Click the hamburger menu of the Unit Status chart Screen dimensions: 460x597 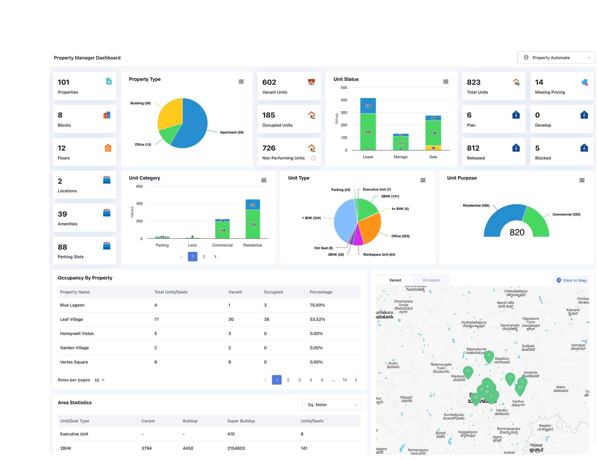point(446,82)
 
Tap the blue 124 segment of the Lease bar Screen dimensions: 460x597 point(368,106)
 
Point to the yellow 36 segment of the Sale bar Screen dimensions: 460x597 point(433,148)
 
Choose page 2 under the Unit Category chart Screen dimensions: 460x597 point(204,257)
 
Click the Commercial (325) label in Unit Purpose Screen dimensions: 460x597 point(566,214)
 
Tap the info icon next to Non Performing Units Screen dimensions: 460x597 point(313,158)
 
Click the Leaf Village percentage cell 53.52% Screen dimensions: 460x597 point(317,319)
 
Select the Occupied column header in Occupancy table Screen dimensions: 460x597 point(273,292)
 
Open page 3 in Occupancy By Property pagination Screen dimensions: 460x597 point(299,380)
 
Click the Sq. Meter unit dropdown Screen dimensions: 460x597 point(332,405)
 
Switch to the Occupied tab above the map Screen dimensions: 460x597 point(431,280)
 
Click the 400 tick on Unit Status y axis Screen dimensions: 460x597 point(344,100)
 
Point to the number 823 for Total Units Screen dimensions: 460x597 point(474,82)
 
